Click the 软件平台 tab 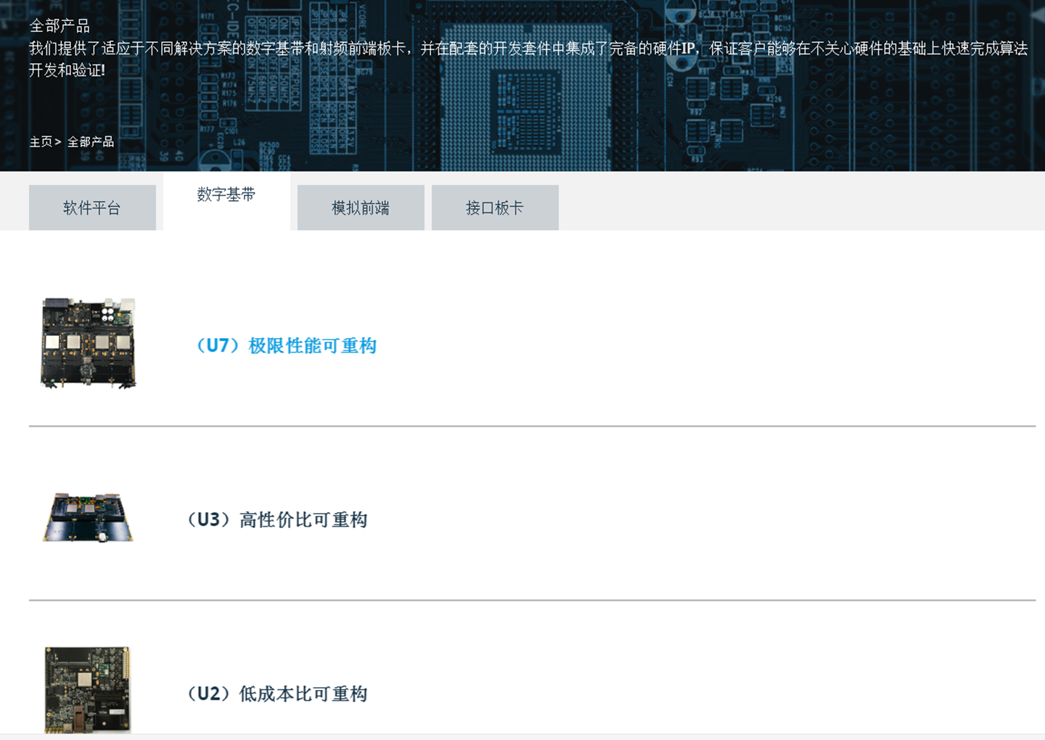(x=92, y=207)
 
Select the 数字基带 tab (x=226, y=200)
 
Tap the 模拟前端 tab (x=361, y=207)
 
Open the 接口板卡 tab (x=495, y=207)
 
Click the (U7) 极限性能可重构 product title (x=285, y=345)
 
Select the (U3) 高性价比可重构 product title (x=276, y=519)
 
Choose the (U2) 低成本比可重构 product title (x=276, y=694)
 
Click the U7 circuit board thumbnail (x=89, y=343)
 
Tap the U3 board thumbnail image (x=89, y=517)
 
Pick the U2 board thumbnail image (x=88, y=690)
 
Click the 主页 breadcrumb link (x=41, y=141)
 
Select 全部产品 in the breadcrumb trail (x=91, y=141)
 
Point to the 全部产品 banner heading (x=60, y=26)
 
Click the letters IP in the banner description (x=688, y=48)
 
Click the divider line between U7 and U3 (x=533, y=426)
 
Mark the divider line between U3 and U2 (x=533, y=600)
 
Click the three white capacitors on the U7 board (x=107, y=314)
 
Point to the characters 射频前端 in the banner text (x=348, y=48)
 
